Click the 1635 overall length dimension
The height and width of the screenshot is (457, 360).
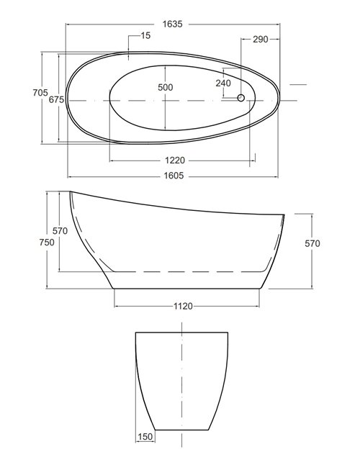pos(172,24)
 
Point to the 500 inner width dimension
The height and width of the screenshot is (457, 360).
pos(166,87)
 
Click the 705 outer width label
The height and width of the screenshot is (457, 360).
pos(40,93)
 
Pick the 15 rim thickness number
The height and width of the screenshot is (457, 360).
pos(146,35)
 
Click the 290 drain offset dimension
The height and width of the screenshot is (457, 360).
pos(260,39)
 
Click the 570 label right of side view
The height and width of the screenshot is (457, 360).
pos(312,243)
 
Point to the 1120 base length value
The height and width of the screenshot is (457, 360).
pos(184,306)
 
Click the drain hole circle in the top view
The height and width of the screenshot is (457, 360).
pos(240,98)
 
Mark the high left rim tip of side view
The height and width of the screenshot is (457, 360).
pos(71,192)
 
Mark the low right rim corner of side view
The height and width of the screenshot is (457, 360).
pos(284,214)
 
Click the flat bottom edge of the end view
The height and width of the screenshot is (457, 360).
pos(182,430)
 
